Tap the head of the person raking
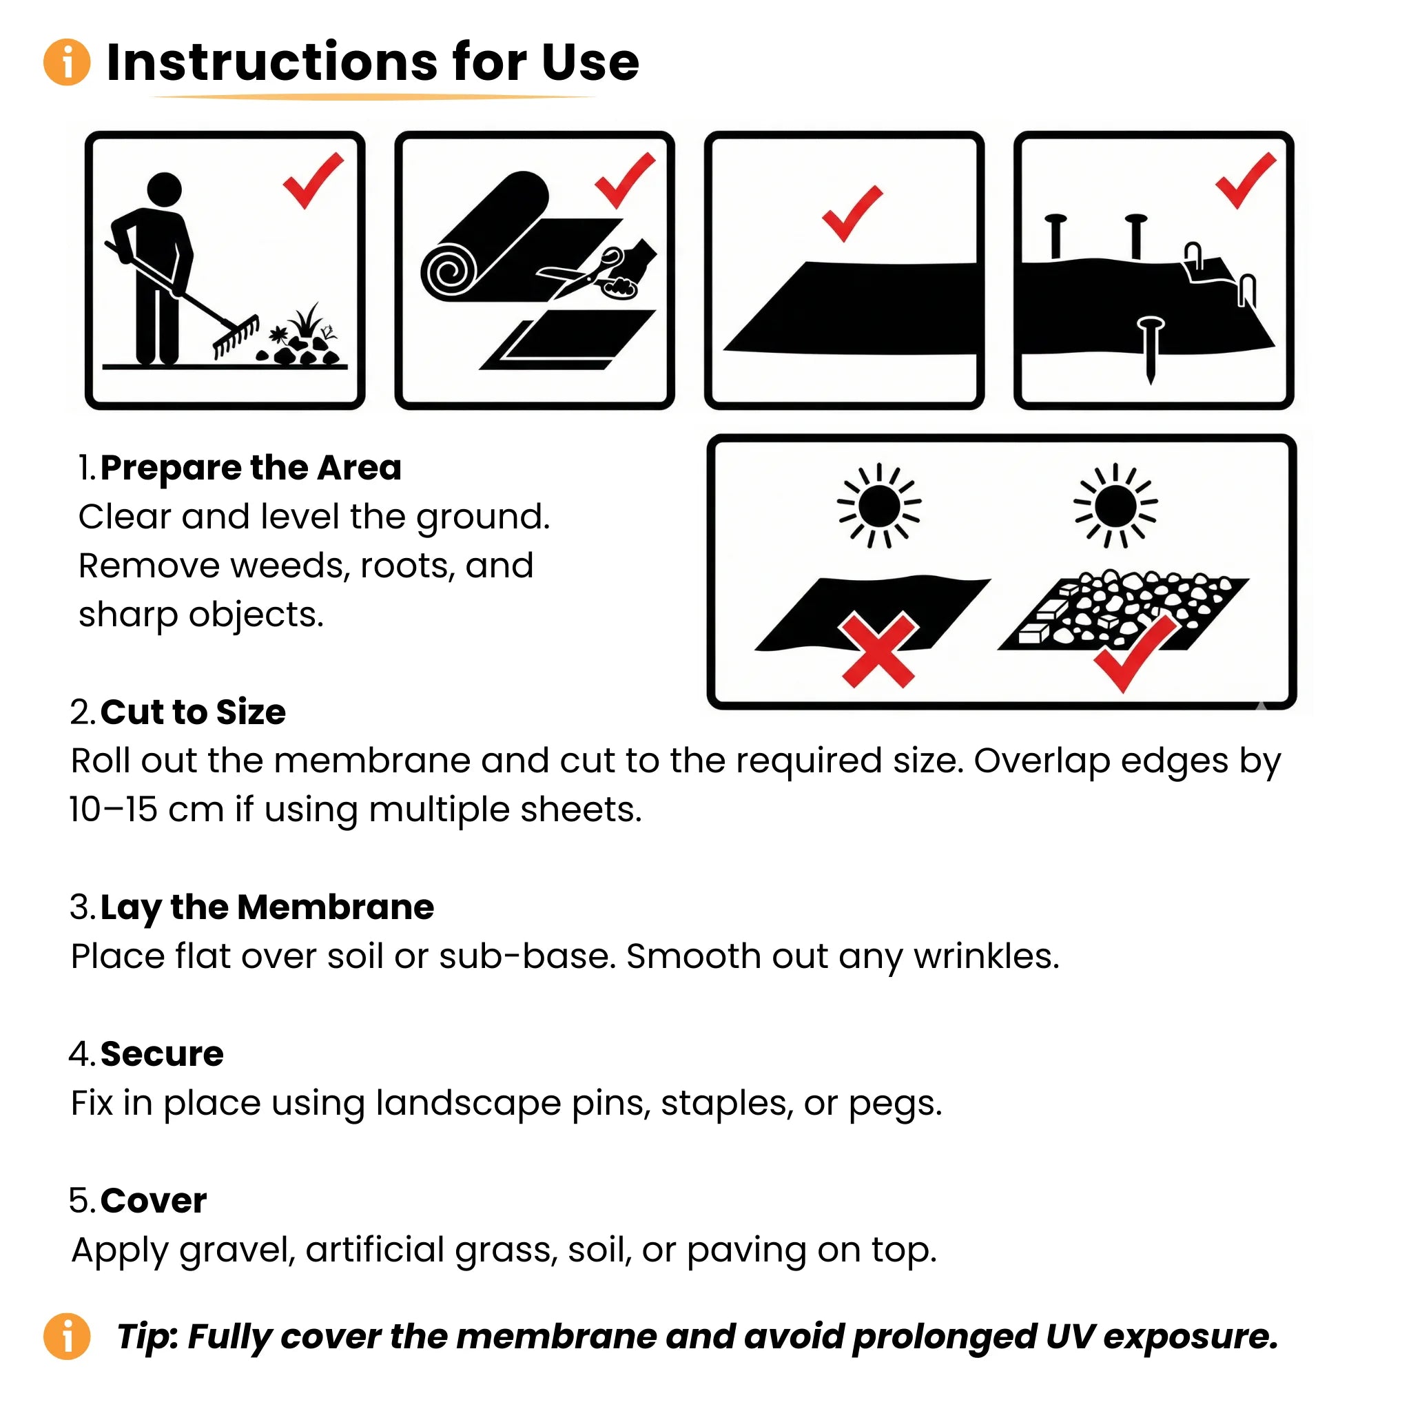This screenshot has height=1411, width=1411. (x=165, y=190)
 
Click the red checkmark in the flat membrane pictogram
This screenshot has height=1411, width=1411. (x=852, y=212)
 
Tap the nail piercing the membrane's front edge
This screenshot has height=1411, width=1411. (x=1151, y=347)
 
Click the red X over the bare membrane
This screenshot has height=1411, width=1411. (x=878, y=649)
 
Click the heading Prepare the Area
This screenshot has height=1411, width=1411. (x=251, y=468)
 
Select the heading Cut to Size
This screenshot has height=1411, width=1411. (x=193, y=712)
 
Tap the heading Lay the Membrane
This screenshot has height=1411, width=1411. (x=267, y=908)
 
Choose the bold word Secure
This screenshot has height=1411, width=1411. (x=161, y=1054)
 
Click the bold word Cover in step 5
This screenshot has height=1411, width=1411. (x=154, y=1201)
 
